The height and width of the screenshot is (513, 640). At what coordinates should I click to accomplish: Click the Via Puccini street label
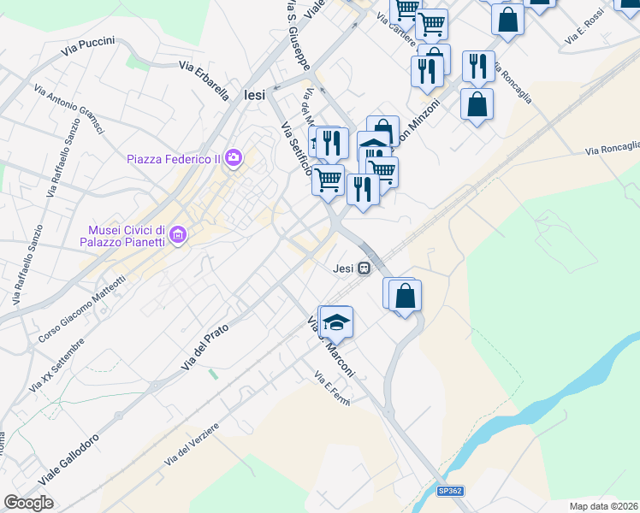click(88, 47)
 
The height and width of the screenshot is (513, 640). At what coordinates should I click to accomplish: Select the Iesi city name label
click(255, 95)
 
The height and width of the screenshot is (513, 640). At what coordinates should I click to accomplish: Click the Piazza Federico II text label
click(174, 158)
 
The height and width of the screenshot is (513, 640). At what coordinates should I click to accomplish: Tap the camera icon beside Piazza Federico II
click(234, 157)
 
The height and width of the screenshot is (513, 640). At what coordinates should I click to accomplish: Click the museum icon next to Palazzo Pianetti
click(178, 234)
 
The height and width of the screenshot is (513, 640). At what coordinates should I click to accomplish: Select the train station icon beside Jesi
click(364, 268)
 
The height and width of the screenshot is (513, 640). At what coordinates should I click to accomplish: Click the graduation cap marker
click(337, 322)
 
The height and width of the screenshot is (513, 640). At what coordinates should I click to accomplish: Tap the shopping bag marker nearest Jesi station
click(406, 296)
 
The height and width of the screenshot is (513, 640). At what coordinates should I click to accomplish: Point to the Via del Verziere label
click(193, 444)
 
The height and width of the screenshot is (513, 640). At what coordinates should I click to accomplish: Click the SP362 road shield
click(450, 491)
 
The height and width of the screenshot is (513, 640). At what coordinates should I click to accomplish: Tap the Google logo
click(28, 502)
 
